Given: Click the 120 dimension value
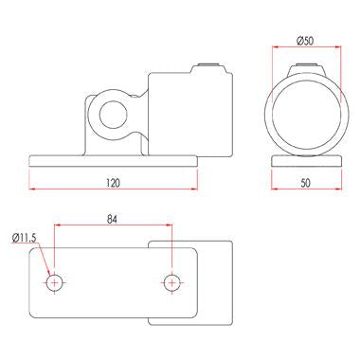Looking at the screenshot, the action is coord(113,183).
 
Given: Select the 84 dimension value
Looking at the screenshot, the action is coord(112,220).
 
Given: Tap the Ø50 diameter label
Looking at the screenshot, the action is coord(305,41).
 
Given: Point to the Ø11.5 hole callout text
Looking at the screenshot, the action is coord(24,238).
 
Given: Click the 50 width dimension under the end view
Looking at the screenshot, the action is coord(305,183).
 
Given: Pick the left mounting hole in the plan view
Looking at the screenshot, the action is coord(55,283).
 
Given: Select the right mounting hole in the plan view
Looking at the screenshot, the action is coord(171,283).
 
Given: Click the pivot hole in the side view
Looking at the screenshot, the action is coord(113,115).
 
